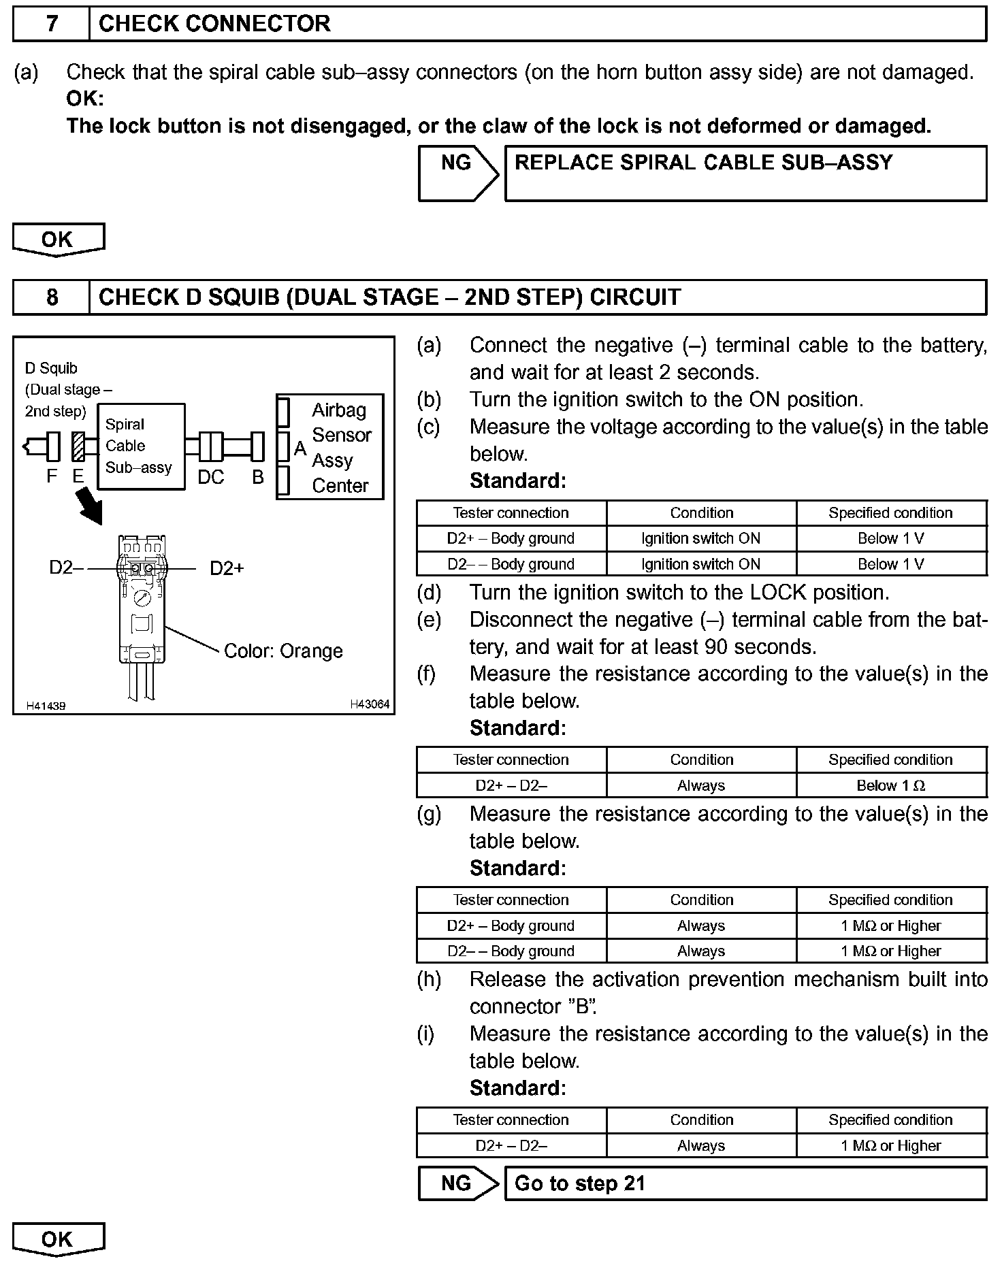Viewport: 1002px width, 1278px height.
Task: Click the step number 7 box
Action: click(x=52, y=24)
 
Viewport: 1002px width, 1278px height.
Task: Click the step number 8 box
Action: click(x=52, y=297)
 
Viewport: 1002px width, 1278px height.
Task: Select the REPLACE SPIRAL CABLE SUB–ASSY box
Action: click(x=745, y=173)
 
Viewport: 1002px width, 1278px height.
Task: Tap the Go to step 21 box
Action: click(x=745, y=1183)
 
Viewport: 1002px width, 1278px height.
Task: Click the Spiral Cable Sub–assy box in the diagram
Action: click(x=141, y=446)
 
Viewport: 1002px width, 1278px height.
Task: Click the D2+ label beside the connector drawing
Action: click(x=226, y=568)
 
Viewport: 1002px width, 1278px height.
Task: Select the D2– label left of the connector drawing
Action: click(x=65, y=568)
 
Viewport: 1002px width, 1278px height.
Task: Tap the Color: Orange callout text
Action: click(x=283, y=651)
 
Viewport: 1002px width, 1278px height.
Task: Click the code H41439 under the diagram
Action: click(x=46, y=706)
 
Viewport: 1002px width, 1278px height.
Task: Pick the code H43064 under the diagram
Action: click(x=370, y=704)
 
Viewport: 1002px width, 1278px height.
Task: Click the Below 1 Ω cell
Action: click(x=891, y=785)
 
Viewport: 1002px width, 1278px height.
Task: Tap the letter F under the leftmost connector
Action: click(x=52, y=476)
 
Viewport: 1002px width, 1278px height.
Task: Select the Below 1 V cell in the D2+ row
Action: click(x=891, y=538)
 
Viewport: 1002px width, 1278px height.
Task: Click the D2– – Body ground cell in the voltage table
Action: click(x=511, y=564)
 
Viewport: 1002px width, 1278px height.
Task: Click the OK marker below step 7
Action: click(x=58, y=240)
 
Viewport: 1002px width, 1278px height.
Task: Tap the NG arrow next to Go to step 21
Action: click(x=457, y=1183)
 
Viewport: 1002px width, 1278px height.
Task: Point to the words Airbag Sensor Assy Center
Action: click(x=340, y=447)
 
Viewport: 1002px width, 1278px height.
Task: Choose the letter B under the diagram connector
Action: click(x=257, y=477)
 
